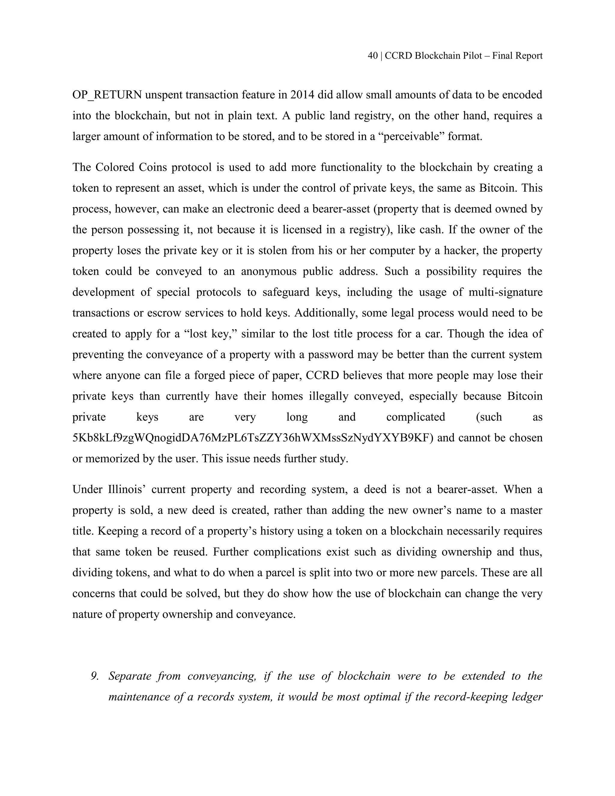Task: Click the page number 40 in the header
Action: [372, 56]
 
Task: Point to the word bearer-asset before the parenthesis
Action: [307, 209]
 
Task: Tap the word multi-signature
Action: [505, 292]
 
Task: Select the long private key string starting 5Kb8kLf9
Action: [253, 438]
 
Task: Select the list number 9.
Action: [95, 676]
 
